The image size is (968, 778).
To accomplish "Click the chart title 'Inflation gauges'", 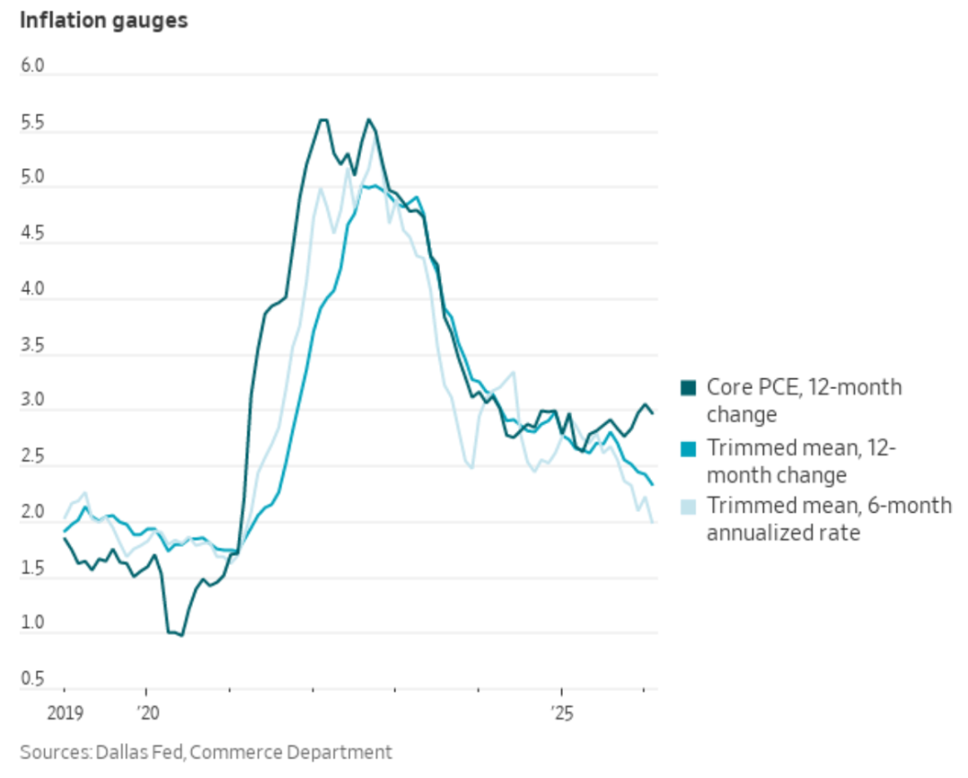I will point(104,21).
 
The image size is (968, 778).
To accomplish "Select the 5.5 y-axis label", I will point(33,124).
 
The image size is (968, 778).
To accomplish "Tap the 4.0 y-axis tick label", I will point(33,290).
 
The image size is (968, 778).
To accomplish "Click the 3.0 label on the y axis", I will point(33,402).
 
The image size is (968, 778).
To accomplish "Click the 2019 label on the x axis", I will point(64,714).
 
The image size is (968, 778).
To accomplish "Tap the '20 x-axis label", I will point(146,714).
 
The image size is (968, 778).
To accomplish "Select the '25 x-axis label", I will point(562,714).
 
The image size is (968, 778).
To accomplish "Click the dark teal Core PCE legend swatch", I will point(688,388).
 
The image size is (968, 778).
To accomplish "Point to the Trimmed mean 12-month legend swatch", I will point(688,447).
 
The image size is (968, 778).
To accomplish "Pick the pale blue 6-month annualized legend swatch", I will point(688,506).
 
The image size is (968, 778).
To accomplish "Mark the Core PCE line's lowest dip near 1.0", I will point(181,635).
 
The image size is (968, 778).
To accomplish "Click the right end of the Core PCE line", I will point(653,412).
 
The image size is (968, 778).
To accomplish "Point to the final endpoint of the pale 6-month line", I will point(652,521).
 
